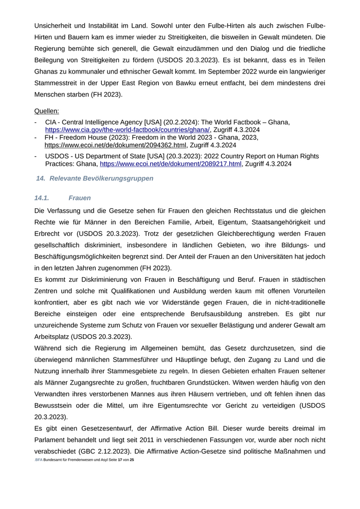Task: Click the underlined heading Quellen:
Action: (x=46, y=111)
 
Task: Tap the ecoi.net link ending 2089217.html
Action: (x=170, y=164)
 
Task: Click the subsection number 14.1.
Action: (x=42, y=198)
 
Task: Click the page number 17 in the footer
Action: (x=120, y=459)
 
